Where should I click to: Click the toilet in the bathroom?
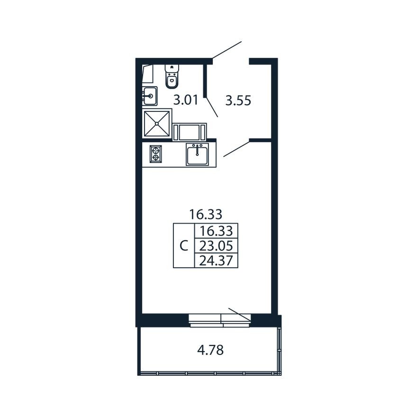click(172, 76)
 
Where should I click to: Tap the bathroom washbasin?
click(150, 96)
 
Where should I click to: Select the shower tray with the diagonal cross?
click(157, 123)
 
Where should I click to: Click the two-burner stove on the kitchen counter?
click(156, 154)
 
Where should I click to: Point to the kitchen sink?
click(197, 154)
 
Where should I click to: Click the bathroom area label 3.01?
click(186, 100)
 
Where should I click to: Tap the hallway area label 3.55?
click(238, 101)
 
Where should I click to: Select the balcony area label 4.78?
click(210, 350)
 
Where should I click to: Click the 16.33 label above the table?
click(205, 214)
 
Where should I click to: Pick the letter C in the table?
click(184, 246)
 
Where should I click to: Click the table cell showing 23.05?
click(216, 246)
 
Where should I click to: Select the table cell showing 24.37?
click(216, 260)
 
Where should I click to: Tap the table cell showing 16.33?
click(216, 231)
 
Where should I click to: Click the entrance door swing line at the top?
click(227, 50)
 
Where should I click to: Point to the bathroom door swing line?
click(212, 107)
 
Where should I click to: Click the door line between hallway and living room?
click(236, 149)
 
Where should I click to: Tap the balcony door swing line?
click(240, 314)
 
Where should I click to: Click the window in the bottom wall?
click(220, 320)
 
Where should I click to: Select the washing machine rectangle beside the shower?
click(190, 132)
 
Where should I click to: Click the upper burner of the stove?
click(156, 149)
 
